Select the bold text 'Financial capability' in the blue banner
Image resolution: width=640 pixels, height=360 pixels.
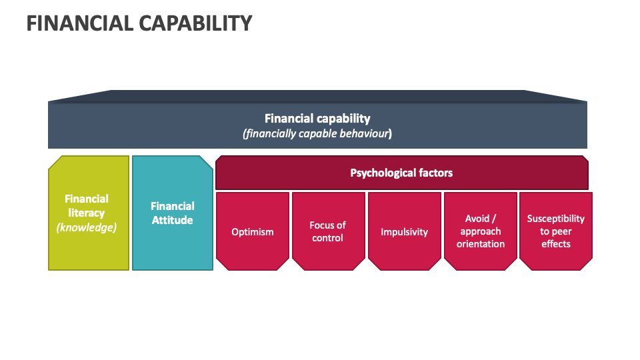coord(317,119)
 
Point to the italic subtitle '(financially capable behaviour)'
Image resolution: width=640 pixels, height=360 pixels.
coord(317,133)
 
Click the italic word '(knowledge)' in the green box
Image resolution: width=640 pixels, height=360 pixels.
coord(87,227)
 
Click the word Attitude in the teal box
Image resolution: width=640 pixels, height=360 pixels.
coord(173,220)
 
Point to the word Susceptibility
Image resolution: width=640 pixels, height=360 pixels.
coord(555,219)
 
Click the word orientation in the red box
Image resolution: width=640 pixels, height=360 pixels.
coord(481,244)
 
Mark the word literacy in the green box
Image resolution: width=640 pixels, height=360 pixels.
coord(87,213)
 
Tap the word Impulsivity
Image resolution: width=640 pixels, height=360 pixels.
coord(404,232)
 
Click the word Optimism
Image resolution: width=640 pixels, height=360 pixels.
coord(253,232)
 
